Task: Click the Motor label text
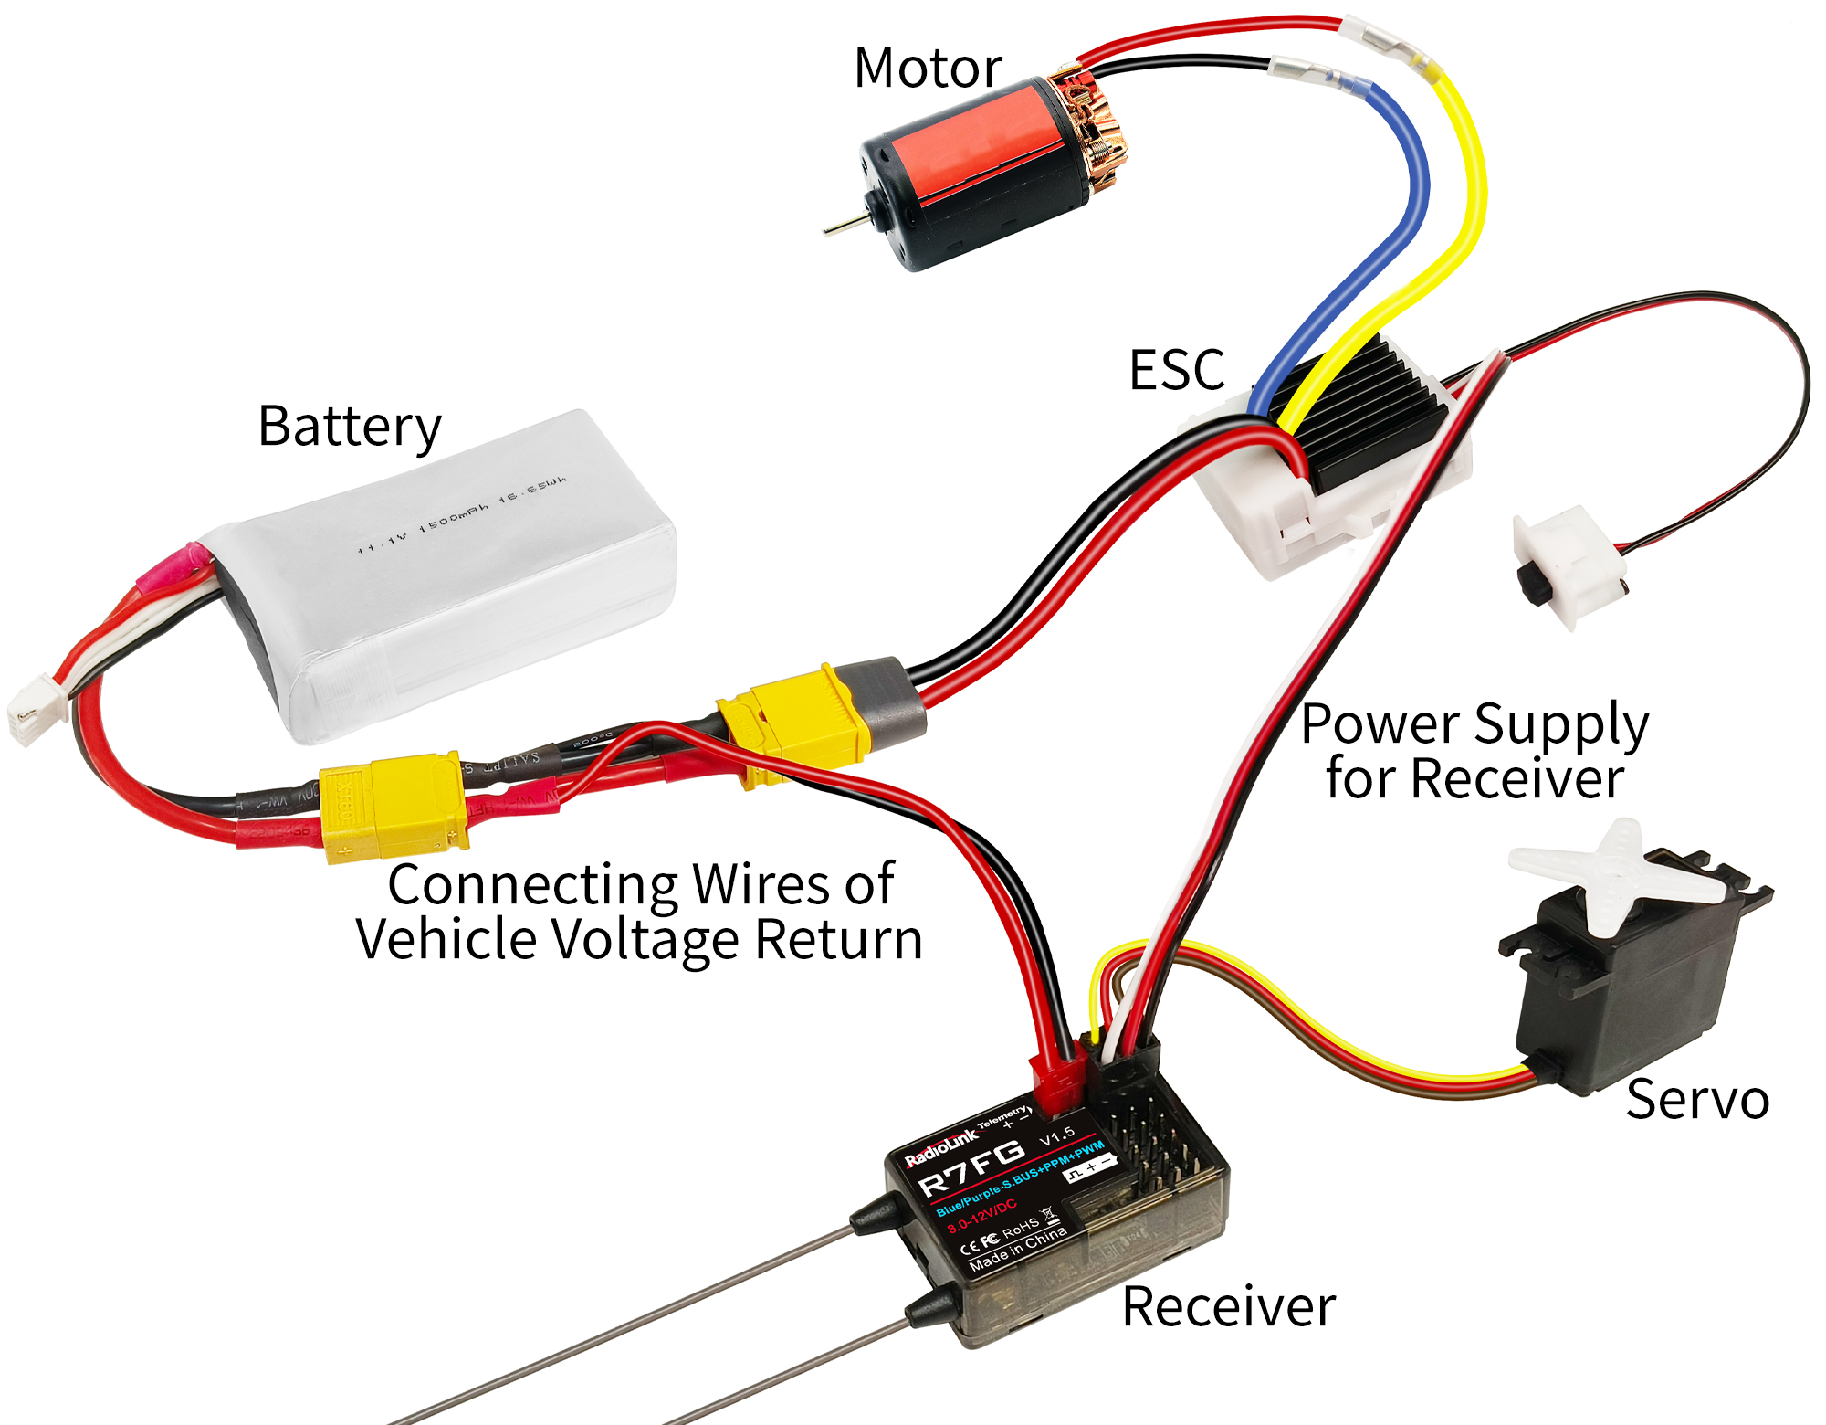tap(928, 69)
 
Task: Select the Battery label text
tap(350, 427)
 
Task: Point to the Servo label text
tap(1697, 1099)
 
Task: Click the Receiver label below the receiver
tap(1228, 1306)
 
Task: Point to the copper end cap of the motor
tap(1091, 123)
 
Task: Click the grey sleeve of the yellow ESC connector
tap(890, 703)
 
